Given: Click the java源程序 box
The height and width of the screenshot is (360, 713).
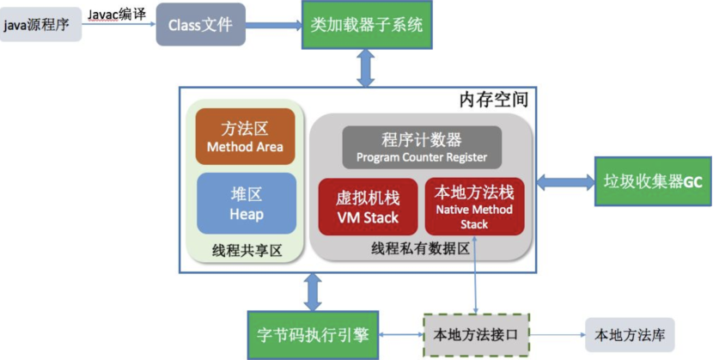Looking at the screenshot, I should (41, 26).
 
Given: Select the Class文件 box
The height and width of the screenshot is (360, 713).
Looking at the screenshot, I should (198, 25).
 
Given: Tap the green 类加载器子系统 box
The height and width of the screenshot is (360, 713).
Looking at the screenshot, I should (367, 25).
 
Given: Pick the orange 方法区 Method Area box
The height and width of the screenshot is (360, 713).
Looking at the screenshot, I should (246, 137).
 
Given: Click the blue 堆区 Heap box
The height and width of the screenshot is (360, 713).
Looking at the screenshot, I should (246, 204).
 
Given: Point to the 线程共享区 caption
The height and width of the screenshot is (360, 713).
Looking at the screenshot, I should (246, 250).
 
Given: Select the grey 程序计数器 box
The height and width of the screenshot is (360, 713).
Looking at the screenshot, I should (421, 148).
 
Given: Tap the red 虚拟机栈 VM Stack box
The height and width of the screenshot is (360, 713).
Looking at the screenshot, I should (367, 207).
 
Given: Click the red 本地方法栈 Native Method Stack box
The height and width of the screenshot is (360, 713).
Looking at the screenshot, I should (474, 207).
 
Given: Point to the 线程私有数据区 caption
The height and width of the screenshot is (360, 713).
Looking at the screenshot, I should (420, 248).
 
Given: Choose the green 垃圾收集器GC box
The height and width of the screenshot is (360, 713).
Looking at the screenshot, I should (653, 181).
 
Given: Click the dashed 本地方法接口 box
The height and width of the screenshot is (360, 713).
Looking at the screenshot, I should (474, 334).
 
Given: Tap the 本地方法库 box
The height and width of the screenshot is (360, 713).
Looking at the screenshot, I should (630, 334).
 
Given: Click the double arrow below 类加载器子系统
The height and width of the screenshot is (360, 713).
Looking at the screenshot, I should (367, 67).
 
